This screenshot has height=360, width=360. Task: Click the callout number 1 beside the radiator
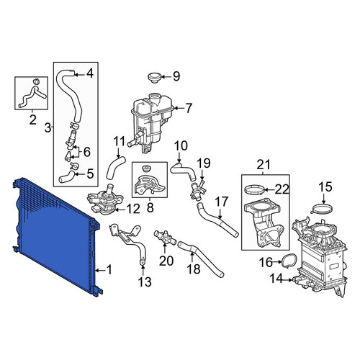click(109, 270)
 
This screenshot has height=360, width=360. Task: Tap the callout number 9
click(176, 76)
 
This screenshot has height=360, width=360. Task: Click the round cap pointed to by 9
click(153, 78)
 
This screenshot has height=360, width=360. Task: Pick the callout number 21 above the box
click(264, 165)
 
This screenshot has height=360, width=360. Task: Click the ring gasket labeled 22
click(255, 189)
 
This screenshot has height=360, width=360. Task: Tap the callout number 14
click(276, 279)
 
